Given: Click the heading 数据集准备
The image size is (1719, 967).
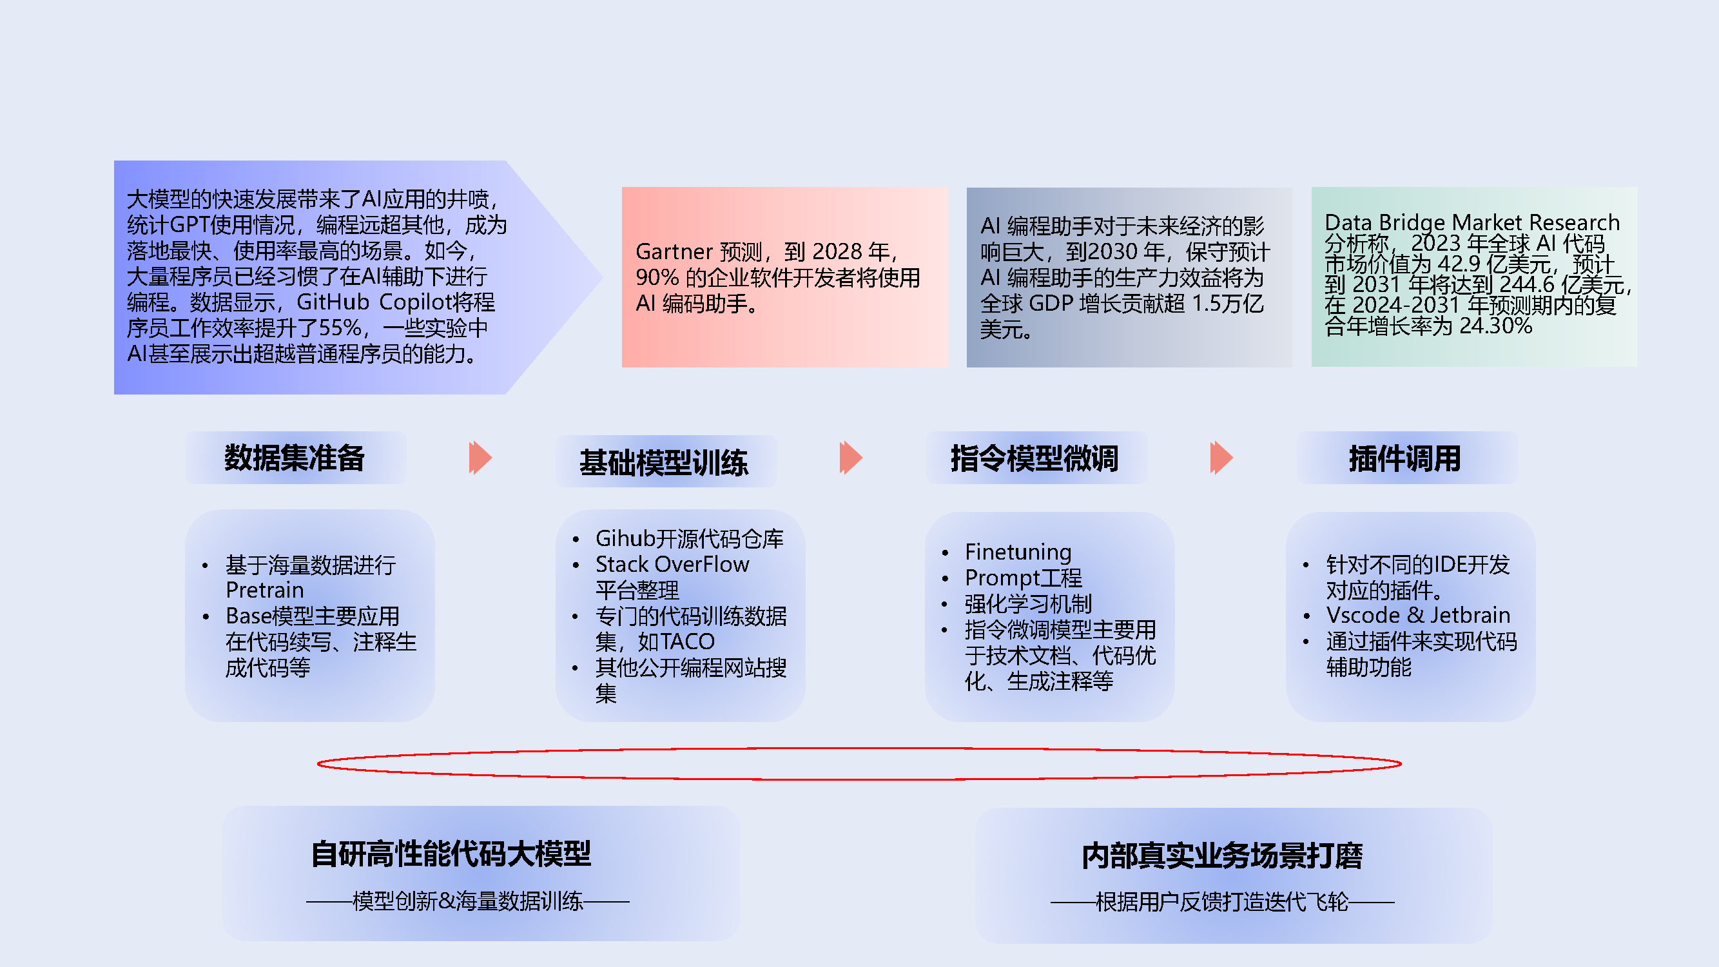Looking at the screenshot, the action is click(295, 458).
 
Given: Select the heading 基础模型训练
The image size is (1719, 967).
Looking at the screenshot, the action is click(664, 462).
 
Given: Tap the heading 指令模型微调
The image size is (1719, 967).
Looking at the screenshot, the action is click(1034, 458).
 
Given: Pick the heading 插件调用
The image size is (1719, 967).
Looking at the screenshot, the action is click(1404, 458).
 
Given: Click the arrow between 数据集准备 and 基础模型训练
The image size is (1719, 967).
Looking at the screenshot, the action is click(480, 458).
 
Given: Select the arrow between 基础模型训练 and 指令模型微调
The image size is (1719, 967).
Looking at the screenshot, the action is click(851, 458).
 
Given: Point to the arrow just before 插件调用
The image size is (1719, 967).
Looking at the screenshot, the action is click(1221, 458).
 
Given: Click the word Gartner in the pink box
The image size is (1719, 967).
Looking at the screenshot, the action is click(674, 251).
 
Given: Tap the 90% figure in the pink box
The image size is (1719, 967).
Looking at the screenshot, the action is click(657, 277).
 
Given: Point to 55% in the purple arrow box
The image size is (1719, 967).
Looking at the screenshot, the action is click(340, 327).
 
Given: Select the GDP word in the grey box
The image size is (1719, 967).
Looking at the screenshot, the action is click(1051, 304).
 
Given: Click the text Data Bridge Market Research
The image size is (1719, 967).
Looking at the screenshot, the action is click(1472, 222).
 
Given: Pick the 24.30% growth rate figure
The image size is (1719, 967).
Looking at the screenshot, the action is click(1495, 326).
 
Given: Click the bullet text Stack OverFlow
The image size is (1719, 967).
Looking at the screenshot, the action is click(672, 565).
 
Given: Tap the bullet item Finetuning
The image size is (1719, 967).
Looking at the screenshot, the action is click(1018, 552).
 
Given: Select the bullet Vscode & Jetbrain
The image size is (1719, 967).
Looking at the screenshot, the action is click(1418, 615).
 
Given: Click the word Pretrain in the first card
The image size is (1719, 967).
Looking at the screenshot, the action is click(264, 590).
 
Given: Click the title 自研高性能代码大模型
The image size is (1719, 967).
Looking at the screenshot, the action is click(451, 854).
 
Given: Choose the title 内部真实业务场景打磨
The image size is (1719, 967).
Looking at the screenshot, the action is click(1222, 856).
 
